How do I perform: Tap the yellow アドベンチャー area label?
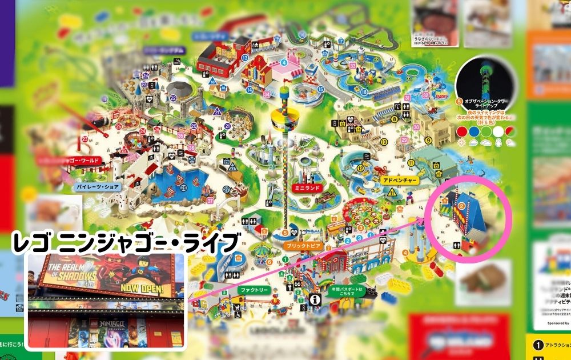(x=400, y=180)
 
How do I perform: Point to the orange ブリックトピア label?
(x=302, y=246)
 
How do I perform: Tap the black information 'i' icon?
(x=314, y=299)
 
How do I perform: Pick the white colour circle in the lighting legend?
(x=499, y=130)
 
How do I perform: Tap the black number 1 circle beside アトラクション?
(x=537, y=345)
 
